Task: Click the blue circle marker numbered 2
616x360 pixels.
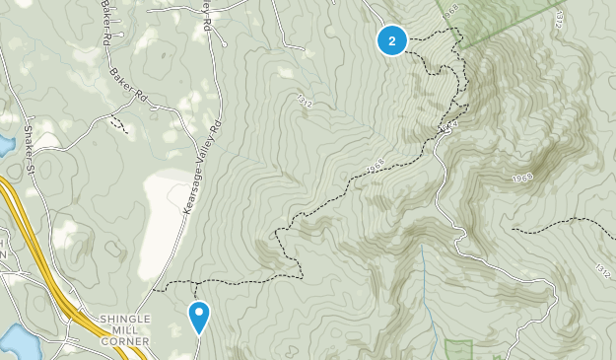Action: coord(392,40)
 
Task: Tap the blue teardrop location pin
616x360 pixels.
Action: coord(199,317)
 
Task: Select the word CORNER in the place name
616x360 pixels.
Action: coord(124,341)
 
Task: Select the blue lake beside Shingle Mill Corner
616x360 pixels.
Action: coord(18,342)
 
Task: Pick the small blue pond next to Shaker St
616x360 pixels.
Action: coord(5,146)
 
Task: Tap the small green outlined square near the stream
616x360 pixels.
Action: coord(458,349)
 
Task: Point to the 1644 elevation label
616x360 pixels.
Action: coord(450,128)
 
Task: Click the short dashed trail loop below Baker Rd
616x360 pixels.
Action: coord(118,124)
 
